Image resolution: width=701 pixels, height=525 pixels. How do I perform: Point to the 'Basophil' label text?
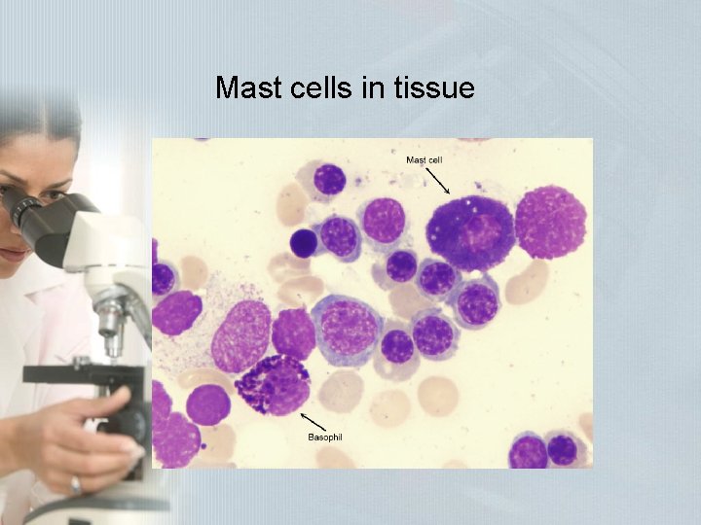[325, 437]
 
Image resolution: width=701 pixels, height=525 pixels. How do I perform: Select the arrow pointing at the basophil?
[313, 420]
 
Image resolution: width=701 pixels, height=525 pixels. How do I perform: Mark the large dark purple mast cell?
[470, 231]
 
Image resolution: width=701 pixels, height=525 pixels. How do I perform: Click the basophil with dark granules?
[276, 384]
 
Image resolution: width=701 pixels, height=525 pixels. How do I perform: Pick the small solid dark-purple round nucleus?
[304, 242]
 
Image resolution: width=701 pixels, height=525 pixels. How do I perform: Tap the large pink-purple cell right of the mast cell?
[550, 222]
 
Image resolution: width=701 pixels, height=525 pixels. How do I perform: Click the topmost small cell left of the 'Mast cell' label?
[329, 179]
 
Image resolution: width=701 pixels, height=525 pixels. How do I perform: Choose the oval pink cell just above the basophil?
[241, 335]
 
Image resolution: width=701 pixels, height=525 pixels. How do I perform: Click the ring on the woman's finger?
[75, 483]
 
